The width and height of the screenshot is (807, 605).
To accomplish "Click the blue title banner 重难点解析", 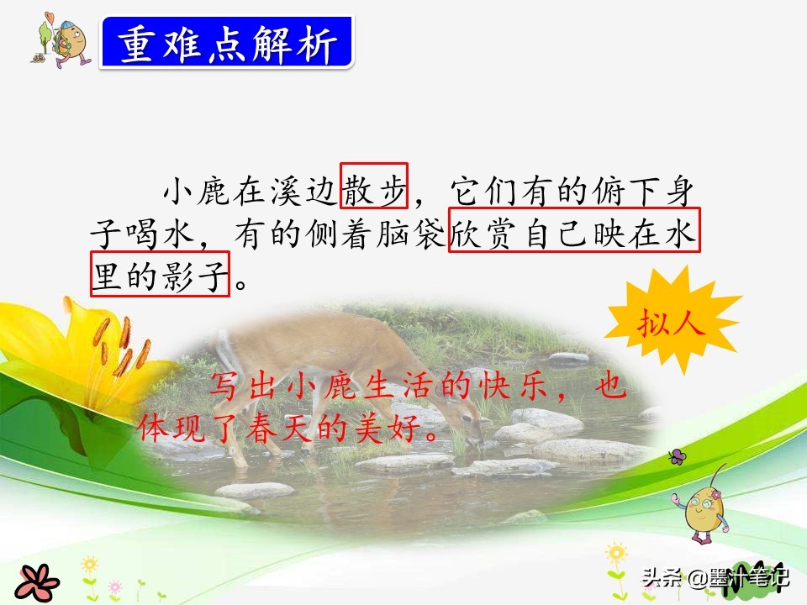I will [x=227, y=43].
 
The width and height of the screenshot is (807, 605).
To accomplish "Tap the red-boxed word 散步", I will [x=374, y=186].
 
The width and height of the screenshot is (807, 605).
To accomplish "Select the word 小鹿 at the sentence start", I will [x=198, y=187].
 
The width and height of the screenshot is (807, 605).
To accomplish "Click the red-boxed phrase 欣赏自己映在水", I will [x=574, y=229].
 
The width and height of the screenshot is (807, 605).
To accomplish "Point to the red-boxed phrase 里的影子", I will [x=160, y=273].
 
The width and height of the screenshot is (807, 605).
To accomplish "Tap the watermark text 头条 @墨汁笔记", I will [x=715, y=579].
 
